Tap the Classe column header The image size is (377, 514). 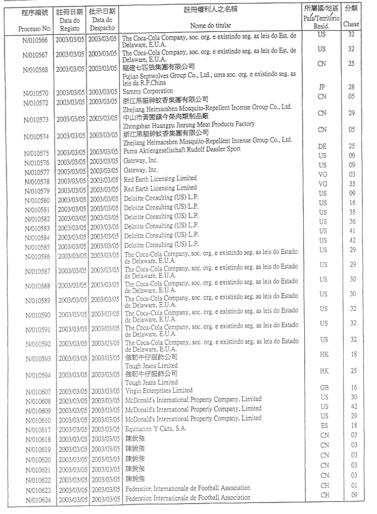pyautogui.click(x=351, y=24)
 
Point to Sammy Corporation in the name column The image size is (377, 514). pyautogui.click(x=148, y=91)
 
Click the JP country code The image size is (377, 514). pyautogui.click(x=322, y=87)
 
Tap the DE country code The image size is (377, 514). pyautogui.click(x=322, y=146)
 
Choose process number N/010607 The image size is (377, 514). pyautogui.click(x=34, y=392)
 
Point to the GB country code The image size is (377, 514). pyautogui.click(x=324, y=388)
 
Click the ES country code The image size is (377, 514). pyautogui.click(x=324, y=426)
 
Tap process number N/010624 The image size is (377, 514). pyautogui.click(x=34, y=500)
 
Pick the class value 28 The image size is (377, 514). pyautogui.click(x=352, y=87)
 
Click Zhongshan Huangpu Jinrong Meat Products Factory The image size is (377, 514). pyautogui.click(x=190, y=124)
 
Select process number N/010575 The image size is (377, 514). pyautogui.click(x=34, y=153)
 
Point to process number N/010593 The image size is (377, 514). pyautogui.click(x=34, y=360)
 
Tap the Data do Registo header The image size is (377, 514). pyautogui.click(x=69, y=24)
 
